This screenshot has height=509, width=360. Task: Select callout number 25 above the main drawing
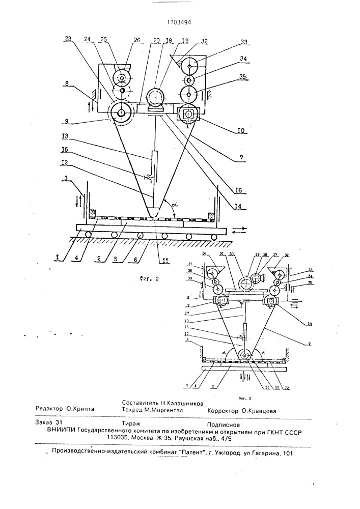(x=103, y=40)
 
